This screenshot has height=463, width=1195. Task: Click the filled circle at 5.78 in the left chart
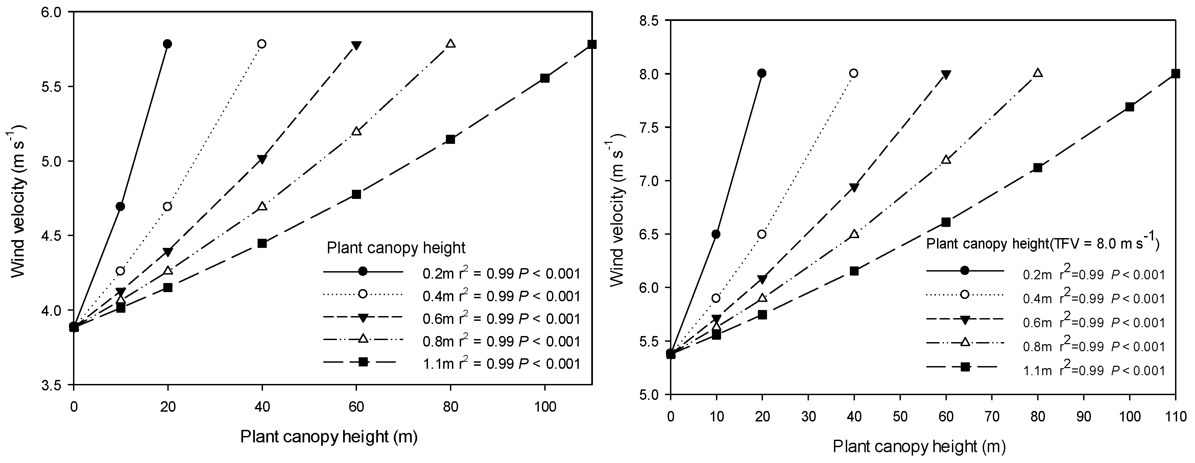tap(167, 44)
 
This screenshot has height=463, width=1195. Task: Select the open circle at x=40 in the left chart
tap(262, 44)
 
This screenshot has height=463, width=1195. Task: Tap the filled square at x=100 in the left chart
tap(545, 78)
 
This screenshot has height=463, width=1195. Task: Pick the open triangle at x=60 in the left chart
tap(356, 131)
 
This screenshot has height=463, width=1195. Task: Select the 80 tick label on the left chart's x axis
tap(450, 407)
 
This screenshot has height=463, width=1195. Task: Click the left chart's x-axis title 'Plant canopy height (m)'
tap(329, 437)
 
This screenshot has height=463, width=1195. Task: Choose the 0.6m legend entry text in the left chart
tap(501, 319)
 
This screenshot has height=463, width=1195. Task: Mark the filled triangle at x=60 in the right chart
tap(946, 75)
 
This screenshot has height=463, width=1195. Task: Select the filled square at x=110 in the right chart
tap(1175, 73)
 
